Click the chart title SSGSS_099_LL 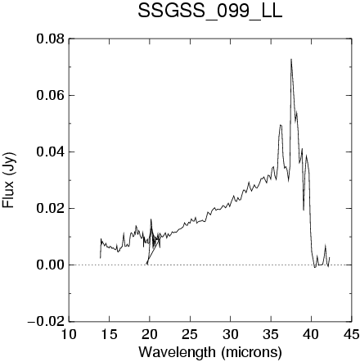[209, 11]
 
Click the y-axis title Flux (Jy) [9, 180]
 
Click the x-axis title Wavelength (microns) [210, 352]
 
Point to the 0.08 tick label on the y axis [51, 38]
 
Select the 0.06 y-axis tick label [51, 96]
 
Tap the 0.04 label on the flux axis [51, 152]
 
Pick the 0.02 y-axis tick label [51, 208]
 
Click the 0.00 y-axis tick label [51, 265]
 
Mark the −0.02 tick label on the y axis [47, 321]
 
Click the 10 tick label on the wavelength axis [69, 334]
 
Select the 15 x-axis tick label [109, 334]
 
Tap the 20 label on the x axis [150, 334]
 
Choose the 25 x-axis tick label [190, 334]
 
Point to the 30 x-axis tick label [230, 334]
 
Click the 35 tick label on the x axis [271, 334]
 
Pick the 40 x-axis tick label [311, 334]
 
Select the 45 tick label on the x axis [351, 334]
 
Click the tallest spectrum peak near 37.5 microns [291, 59]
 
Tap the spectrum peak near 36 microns [281, 125]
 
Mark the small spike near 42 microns [325, 245]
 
